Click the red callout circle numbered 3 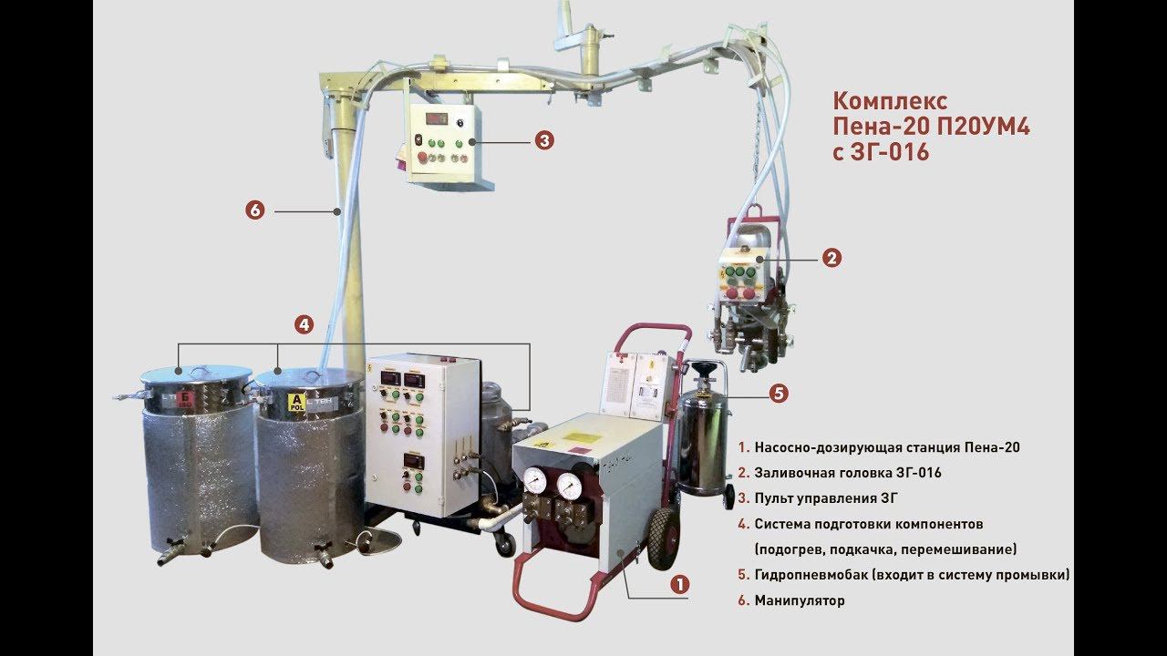point(543,140)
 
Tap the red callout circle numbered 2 point(831,258)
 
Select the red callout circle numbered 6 point(254,210)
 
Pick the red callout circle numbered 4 point(305,323)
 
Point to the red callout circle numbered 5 point(778,394)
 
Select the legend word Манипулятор point(800,600)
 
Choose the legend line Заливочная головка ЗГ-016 point(847,473)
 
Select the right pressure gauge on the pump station point(571,485)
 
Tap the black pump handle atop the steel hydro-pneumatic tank point(702,369)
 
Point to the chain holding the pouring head point(758,165)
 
